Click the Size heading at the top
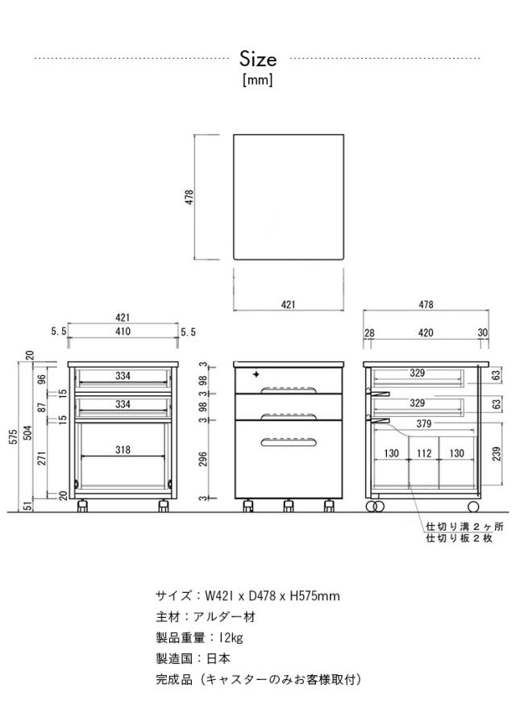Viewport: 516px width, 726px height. pos(258,59)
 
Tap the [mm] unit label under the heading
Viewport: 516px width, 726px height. pos(258,80)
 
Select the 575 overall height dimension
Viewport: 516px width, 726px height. pos(14,436)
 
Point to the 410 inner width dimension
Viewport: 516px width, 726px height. pos(123,332)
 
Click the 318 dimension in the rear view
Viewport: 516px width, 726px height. pos(123,449)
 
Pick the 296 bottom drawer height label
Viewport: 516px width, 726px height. pos(202,459)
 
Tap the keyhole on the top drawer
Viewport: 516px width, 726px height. pos(256,373)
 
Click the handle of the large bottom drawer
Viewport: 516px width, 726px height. pos(289,442)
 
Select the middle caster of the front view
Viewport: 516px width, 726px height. pos(289,506)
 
